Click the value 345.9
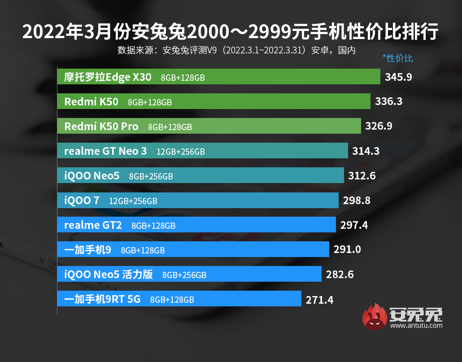coord(398,77)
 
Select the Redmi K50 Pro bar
coord(251,126)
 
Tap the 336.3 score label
coord(388,102)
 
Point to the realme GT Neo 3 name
coord(105,151)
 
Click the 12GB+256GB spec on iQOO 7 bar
coord(133,201)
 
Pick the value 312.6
coord(362,176)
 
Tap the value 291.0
coord(347,249)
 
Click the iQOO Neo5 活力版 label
coord(109,275)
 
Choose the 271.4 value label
coord(319,300)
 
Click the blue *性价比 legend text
coord(397,58)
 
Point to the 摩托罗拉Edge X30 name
coord(108,77)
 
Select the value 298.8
coord(357,201)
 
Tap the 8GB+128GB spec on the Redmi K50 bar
coord(150,102)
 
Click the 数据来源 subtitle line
coord(236,50)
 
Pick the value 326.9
coord(379,126)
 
